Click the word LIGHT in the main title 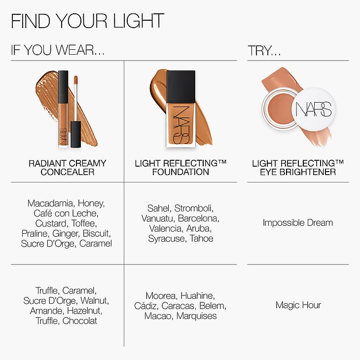[139, 21]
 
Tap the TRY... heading [264, 50]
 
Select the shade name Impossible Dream [298, 223]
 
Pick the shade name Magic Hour [298, 305]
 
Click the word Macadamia [50, 203]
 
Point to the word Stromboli [194, 209]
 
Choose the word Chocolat [80, 321]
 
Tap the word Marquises [197, 316]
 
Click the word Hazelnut [84, 311]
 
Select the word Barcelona [199, 218]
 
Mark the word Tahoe [202, 239]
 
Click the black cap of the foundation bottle [180, 87]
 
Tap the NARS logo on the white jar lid [314, 109]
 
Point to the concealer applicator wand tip [76, 79]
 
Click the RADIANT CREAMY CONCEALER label [67, 168]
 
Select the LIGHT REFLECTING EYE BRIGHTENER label [298, 168]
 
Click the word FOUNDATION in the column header [180, 172]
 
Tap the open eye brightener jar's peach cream [280, 108]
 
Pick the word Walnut [95, 301]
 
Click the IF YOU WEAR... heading [58, 50]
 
